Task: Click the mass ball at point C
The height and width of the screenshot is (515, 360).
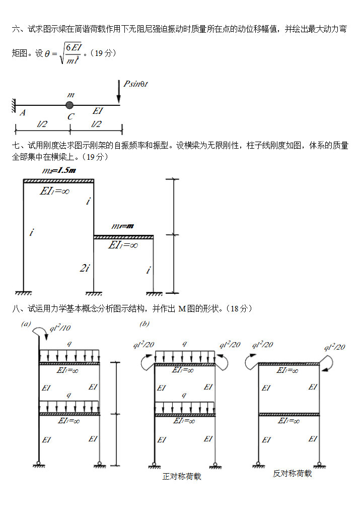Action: (69, 105)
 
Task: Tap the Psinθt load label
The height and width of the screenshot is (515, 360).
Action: (135, 84)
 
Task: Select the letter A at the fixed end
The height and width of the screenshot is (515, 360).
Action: (23, 113)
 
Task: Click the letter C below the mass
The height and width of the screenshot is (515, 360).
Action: (71, 116)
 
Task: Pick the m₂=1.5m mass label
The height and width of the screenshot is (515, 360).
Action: (59, 171)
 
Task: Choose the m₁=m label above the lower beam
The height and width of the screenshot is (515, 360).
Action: (122, 226)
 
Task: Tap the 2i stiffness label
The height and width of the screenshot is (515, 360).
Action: (85, 268)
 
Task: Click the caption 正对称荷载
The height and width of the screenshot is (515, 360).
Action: (182, 476)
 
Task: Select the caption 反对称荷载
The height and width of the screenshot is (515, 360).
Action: (293, 474)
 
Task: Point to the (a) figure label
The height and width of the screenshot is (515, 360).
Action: (26, 324)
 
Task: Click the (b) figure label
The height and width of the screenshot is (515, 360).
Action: (144, 324)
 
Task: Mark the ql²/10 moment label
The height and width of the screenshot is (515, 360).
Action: (60, 329)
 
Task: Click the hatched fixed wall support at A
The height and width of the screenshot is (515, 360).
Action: (14, 105)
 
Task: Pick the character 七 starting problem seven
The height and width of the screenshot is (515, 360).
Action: (15, 146)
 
